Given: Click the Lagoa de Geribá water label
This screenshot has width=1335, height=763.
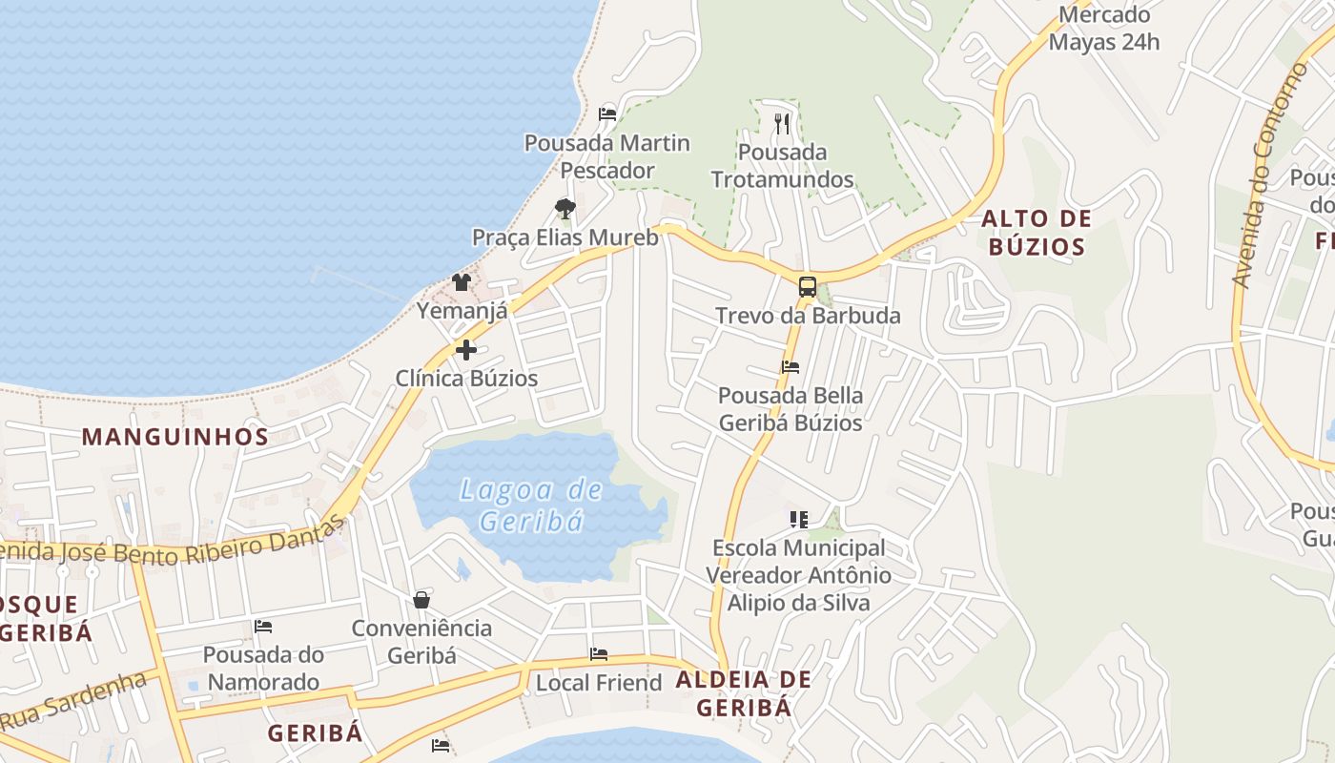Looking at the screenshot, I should (x=530, y=505).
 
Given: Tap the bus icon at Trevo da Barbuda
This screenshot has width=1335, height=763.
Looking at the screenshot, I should (x=808, y=286).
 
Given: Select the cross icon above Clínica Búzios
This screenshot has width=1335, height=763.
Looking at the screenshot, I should (x=466, y=350).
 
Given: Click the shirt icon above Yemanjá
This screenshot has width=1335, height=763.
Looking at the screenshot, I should (x=462, y=282).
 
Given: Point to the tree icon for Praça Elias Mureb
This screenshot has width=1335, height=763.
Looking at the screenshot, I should (x=565, y=209).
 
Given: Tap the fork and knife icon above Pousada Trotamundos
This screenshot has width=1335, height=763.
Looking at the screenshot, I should (x=782, y=123).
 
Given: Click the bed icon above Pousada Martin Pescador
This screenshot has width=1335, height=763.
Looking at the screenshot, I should (x=607, y=114).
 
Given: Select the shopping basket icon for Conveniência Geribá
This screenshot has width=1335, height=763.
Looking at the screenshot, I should (x=421, y=600).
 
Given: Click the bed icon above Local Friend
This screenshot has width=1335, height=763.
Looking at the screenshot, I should (x=599, y=654).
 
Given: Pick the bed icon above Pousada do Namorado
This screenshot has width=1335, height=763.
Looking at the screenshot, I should (x=263, y=627).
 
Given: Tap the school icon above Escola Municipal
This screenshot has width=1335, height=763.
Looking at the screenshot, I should (x=799, y=520).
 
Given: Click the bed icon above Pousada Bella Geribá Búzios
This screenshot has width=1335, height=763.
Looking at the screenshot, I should (x=790, y=366).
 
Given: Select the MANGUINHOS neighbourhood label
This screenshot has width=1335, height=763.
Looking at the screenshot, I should (x=175, y=437).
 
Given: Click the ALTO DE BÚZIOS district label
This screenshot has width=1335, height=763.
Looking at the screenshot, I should (x=1037, y=233).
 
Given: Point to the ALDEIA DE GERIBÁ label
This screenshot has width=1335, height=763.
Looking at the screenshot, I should (x=744, y=693).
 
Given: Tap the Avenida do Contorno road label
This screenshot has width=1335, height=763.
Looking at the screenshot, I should (x=1269, y=176).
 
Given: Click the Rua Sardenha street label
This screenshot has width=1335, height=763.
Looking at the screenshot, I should (x=74, y=700).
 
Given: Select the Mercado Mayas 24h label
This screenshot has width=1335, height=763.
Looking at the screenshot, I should (x=1104, y=29).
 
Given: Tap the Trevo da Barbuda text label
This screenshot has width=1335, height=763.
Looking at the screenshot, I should (x=808, y=316).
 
